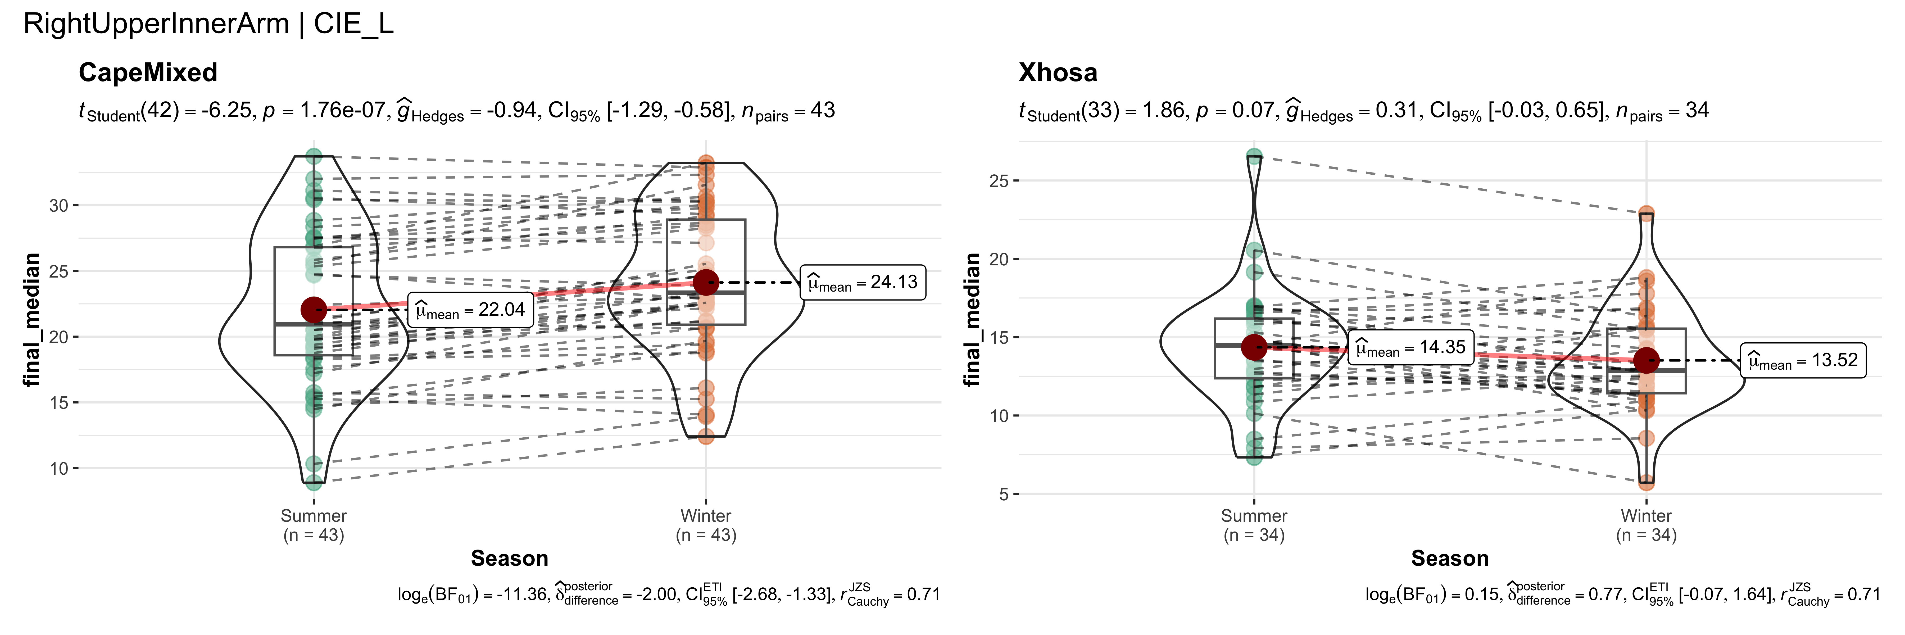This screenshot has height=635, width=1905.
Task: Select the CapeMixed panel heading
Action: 148,72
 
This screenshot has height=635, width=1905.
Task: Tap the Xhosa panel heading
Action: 1058,72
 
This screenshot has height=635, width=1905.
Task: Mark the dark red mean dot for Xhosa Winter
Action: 1646,361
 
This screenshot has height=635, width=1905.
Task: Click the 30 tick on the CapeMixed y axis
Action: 59,206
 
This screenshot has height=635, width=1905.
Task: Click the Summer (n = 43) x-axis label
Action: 314,525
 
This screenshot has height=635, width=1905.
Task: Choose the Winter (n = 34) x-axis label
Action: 1646,525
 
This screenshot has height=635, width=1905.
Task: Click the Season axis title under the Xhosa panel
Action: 1449,558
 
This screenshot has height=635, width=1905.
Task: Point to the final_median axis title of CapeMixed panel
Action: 31,319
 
